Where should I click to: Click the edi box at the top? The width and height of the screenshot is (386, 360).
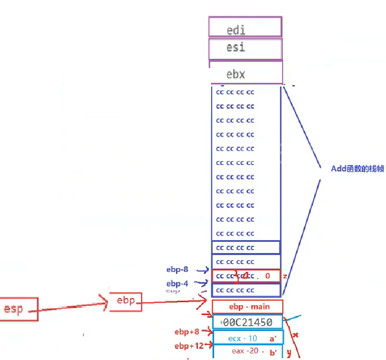[245, 27]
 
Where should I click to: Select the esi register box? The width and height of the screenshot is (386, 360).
[245, 48]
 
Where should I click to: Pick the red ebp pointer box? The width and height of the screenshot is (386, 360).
[125, 300]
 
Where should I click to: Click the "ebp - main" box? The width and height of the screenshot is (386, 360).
[248, 306]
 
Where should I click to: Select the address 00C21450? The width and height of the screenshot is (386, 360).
[248, 322]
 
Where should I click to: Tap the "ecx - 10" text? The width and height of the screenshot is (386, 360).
[242, 339]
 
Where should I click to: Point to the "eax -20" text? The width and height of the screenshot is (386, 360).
[245, 351]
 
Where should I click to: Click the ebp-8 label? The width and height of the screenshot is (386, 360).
[177, 270]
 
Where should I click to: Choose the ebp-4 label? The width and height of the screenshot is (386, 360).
[177, 284]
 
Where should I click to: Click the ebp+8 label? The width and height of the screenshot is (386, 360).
[187, 332]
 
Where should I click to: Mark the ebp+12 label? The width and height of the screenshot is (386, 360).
[189, 346]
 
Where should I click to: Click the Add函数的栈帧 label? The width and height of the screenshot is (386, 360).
[357, 168]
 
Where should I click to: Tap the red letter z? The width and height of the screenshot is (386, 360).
[285, 276]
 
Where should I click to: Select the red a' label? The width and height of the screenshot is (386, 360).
[273, 339]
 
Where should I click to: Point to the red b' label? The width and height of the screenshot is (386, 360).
[273, 352]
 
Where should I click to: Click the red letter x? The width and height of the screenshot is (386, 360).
[295, 335]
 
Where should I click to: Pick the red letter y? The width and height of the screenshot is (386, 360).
[289, 352]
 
